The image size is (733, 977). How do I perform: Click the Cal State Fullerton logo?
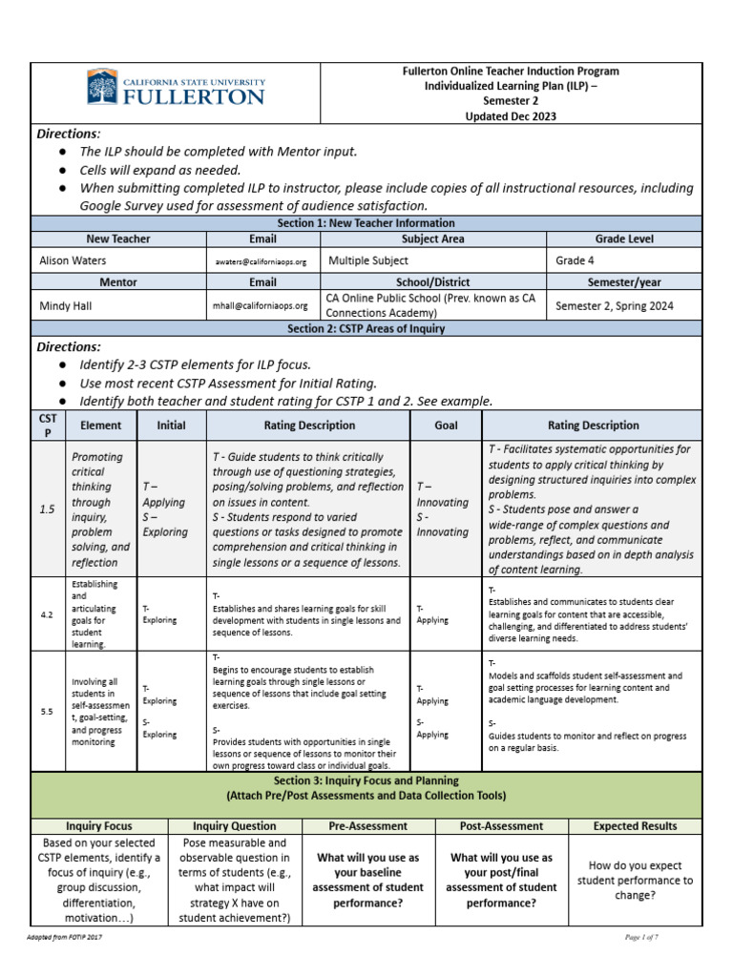tap(176, 88)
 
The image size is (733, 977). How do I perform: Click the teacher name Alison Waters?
tap(73, 260)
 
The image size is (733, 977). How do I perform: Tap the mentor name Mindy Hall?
tap(66, 305)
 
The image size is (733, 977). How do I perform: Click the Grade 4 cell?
tap(577, 260)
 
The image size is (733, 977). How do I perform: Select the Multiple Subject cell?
tap(368, 260)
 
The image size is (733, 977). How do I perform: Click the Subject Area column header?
tap(432, 239)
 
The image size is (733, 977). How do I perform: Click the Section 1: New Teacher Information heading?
tap(366, 221)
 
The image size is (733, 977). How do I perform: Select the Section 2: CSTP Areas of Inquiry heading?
tap(366, 328)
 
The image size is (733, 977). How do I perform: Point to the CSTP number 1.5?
tap(47, 509)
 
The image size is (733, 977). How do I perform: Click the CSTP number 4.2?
tap(47, 614)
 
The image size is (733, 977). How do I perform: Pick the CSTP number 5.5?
tap(47, 711)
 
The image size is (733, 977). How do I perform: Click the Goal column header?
tap(446, 426)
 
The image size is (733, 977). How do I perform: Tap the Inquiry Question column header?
tap(235, 826)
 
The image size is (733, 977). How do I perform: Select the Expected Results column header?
tap(635, 826)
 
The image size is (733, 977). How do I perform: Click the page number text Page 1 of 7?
tap(641, 938)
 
